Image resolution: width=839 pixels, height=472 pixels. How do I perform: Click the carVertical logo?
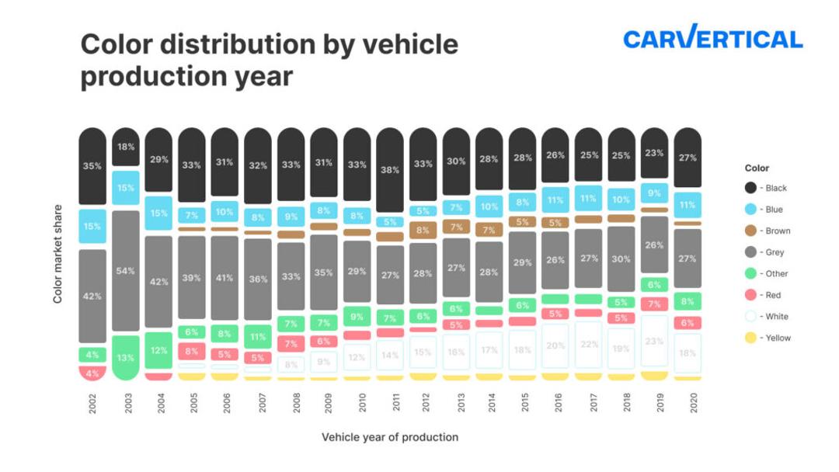(x=712, y=38)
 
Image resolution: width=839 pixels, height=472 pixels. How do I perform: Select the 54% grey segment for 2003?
(x=126, y=271)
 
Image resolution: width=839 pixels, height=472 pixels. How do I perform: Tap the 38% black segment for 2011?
(x=390, y=170)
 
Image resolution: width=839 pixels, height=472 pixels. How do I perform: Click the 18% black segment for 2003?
(x=126, y=147)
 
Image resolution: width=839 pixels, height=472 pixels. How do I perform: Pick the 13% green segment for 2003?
(x=126, y=357)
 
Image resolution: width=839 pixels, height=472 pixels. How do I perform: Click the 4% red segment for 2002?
(x=92, y=373)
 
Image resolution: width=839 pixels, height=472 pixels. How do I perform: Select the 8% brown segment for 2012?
(x=423, y=231)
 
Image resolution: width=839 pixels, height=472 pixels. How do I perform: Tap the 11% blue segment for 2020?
(x=688, y=205)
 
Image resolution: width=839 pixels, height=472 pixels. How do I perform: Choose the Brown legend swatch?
(x=750, y=231)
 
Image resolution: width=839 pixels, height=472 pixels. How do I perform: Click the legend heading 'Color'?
(x=757, y=168)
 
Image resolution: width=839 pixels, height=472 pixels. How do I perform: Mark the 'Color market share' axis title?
(x=57, y=255)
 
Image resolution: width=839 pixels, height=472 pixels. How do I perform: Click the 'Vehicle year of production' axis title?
(x=390, y=437)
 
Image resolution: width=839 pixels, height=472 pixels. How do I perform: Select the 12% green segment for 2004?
(x=158, y=350)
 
